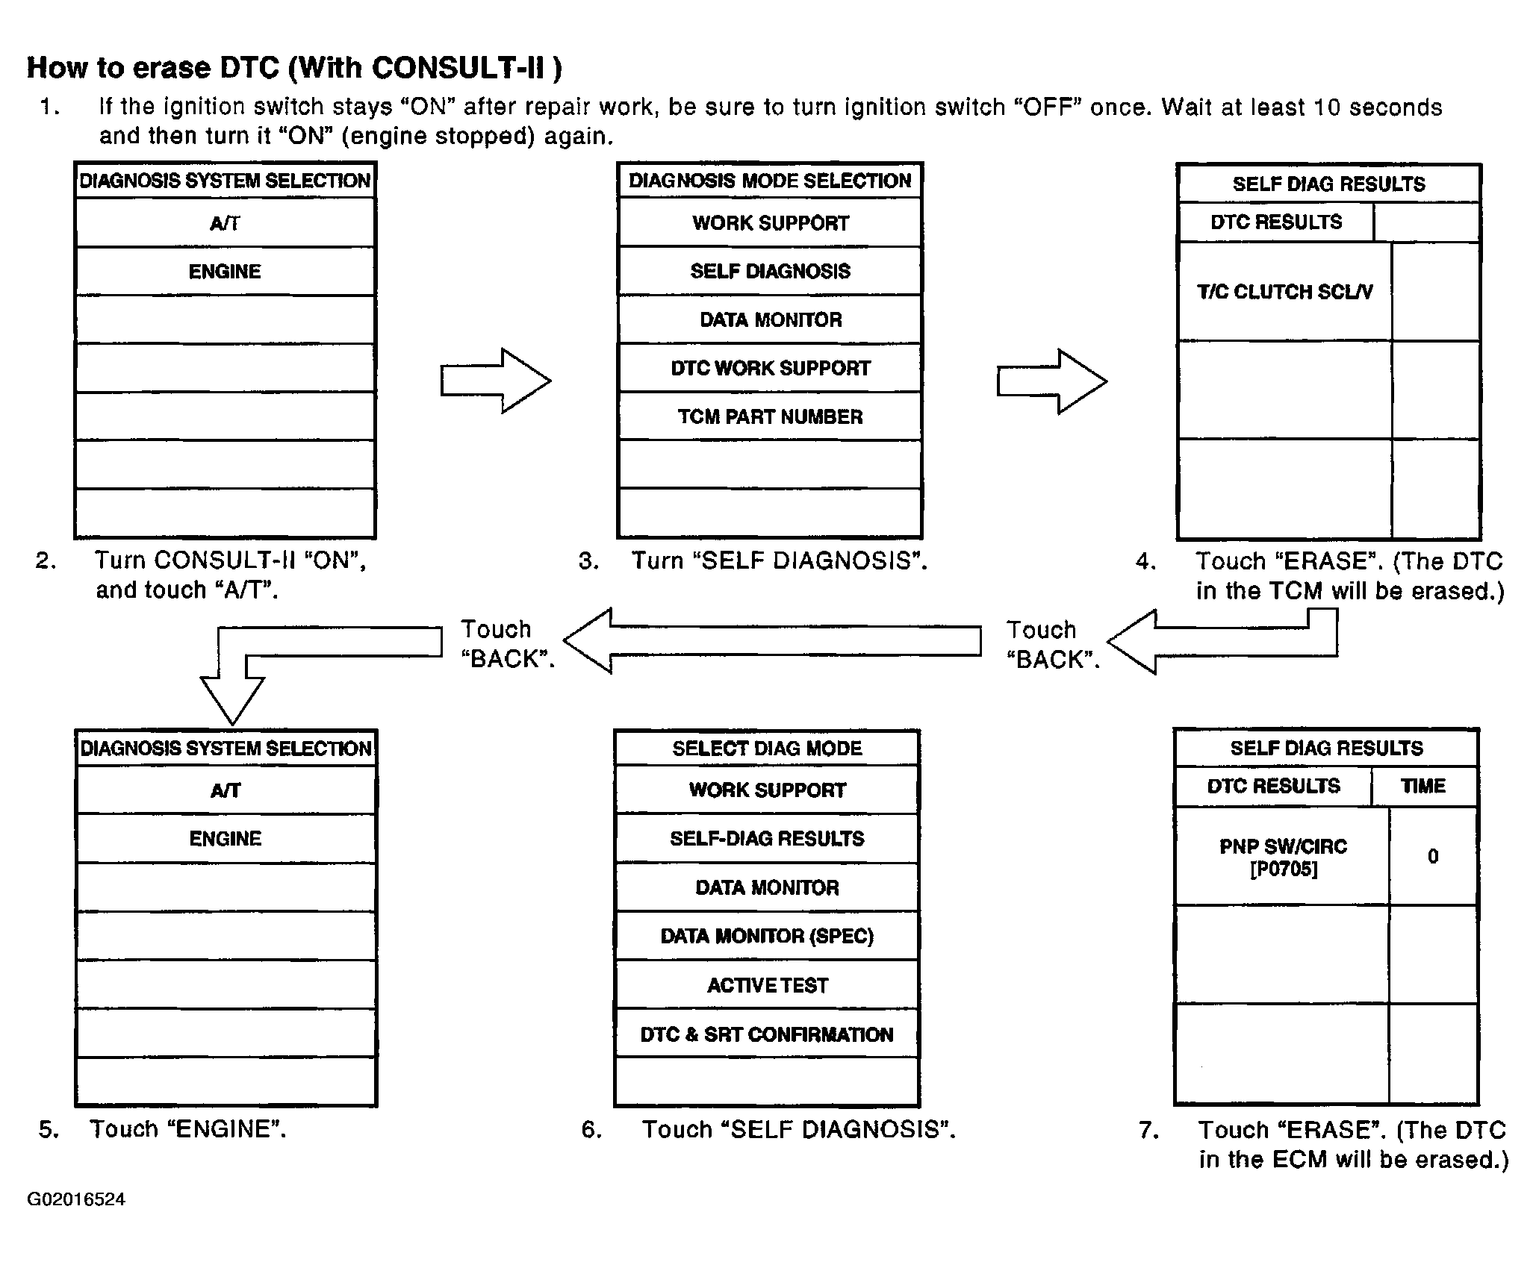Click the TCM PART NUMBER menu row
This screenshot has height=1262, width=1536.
pos(770,416)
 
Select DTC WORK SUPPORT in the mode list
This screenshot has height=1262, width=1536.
pos(770,368)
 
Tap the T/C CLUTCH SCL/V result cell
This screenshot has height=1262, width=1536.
pos(1284,292)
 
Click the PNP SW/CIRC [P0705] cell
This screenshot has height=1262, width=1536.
pos(1283,857)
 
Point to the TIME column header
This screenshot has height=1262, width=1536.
pos(1423,786)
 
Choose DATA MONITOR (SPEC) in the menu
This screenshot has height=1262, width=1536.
pos(767,936)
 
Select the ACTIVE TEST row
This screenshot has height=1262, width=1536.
pos(767,985)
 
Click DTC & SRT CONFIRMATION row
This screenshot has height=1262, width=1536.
pos(767,1034)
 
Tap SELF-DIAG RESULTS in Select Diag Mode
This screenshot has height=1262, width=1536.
pos(767,839)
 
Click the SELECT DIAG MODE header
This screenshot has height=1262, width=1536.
pos(767,749)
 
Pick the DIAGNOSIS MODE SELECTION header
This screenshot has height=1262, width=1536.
pos(770,181)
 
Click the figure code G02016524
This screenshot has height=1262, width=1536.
pos(76,1199)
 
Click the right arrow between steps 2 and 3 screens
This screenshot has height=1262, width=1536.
pos(496,381)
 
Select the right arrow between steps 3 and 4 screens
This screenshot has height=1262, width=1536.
pos(1052,381)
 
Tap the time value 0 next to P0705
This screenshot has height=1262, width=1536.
pos(1433,857)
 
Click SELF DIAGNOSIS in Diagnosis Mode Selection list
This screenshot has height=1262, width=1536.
pos(770,271)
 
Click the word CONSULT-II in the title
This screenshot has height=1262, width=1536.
pos(458,68)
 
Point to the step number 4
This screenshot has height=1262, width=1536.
pos(1145,561)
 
